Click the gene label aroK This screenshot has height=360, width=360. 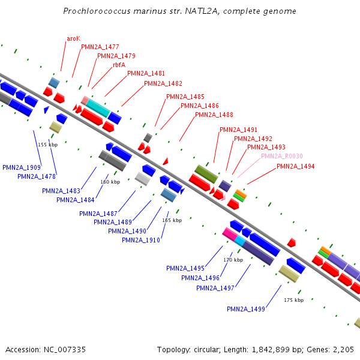coord(73,38)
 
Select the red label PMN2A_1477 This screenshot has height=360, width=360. coord(100,47)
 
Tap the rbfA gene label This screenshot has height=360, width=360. coord(119,65)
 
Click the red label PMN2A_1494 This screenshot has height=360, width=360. coord(296,166)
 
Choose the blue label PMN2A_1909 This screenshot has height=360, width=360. coord(22,167)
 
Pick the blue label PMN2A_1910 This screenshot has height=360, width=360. coord(141,240)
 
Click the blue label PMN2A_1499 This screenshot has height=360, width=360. coord(246,309)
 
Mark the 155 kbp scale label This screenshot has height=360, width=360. coord(47,145)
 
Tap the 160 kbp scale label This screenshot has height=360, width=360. coord(110,182)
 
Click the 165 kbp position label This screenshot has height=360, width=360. coord(172,220)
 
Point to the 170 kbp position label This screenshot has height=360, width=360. coord(233,260)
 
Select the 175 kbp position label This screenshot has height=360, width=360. coord(293,300)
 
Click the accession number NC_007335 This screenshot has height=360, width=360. coord(64,349)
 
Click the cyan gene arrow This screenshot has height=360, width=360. coord(98,108)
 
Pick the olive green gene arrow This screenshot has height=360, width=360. coord(206,173)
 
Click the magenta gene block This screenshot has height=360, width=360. coord(229,233)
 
